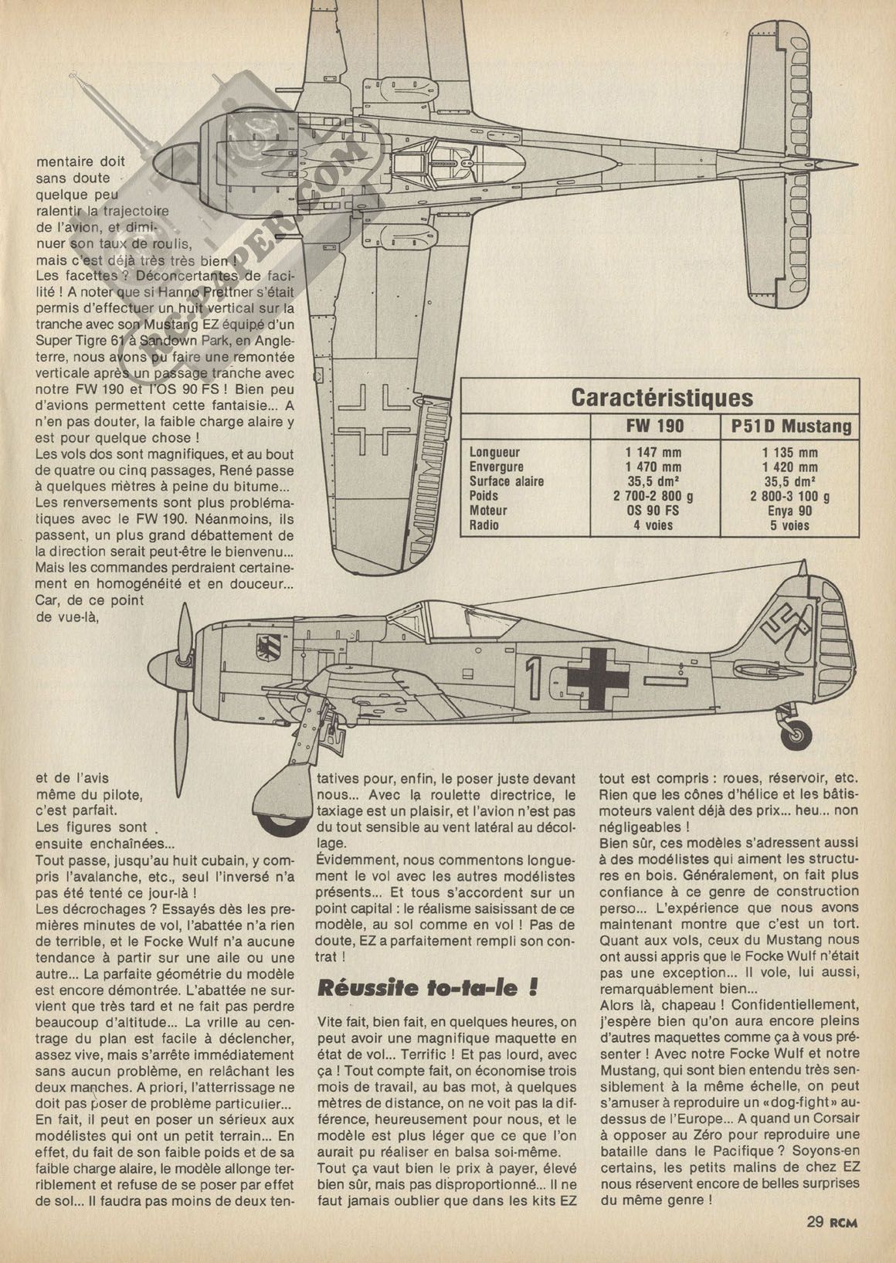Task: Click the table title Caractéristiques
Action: click(661, 397)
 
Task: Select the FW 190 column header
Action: click(655, 426)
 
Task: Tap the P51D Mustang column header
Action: click(790, 426)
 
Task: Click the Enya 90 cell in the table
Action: click(790, 511)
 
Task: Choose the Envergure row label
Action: click(497, 467)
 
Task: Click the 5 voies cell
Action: click(790, 525)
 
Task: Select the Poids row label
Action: click(484, 496)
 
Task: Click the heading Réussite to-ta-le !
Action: click(427, 988)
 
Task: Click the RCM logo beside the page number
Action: click(845, 1222)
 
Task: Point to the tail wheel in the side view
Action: click(798, 735)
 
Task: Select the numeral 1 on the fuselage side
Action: click(532, 677)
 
